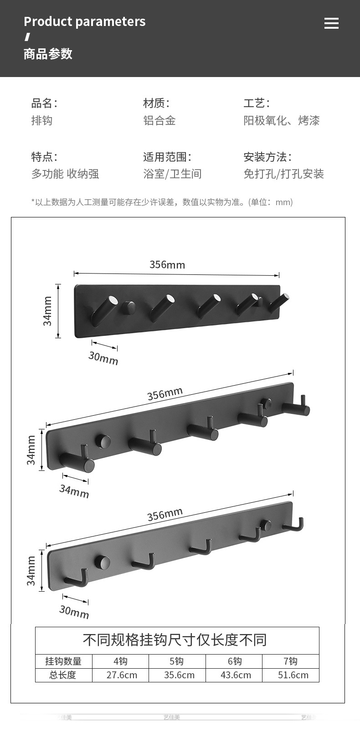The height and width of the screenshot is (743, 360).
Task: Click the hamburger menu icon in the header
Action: [331, 23]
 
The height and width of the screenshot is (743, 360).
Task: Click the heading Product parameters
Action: [84, 21]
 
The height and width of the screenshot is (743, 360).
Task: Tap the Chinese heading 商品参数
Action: [48, 54]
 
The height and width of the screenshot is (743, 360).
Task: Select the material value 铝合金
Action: [159, 120]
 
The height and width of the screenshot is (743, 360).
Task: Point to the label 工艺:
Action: [256, 103]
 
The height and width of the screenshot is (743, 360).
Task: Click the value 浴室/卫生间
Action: [172, 174]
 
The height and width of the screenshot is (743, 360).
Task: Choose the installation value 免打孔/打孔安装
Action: [283, 174]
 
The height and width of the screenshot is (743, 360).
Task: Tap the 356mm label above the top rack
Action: [167, 264]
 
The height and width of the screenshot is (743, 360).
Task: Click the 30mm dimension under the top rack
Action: [103, 358]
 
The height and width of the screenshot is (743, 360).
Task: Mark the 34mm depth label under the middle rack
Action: [74, 491]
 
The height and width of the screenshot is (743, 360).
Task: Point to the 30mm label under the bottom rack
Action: [74, 612]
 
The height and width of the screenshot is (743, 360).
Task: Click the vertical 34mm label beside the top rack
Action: [48, 311]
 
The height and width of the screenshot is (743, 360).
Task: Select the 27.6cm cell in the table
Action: [121, 675]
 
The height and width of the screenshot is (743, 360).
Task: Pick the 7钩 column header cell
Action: [290, 661]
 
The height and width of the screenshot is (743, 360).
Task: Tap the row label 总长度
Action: [63, 675]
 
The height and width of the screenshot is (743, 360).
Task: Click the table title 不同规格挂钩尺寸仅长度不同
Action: [175, 640]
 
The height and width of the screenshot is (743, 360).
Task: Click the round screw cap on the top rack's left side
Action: [129, 307]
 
